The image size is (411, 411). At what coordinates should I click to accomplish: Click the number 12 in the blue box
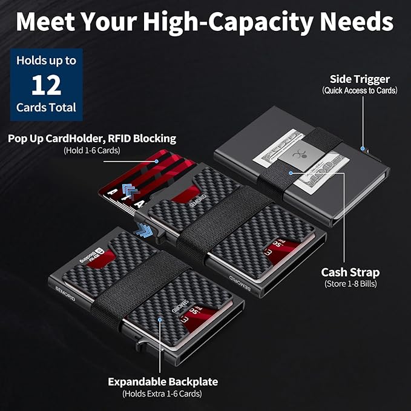point(47,85)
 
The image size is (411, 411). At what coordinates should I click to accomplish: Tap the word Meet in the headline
point(45,22)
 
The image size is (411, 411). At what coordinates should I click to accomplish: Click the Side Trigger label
point(360,79)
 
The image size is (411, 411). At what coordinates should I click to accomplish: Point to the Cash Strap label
point(350,272)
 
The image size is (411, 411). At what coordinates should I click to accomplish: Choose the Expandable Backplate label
point(163,382)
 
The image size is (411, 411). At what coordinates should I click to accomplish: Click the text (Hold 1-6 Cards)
point(92,151)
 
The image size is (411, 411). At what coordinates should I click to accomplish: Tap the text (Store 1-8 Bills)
point(350,284)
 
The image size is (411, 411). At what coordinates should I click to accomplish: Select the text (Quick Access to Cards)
point(360,91)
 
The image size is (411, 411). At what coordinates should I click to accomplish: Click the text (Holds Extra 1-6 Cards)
point(162,393)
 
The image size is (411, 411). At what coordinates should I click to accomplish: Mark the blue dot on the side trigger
point(363,149)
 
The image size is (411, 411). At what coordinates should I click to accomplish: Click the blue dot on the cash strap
point(291,173)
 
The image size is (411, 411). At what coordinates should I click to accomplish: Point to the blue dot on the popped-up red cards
point(157,161)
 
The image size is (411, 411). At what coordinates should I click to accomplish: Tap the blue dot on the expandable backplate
point(160,319)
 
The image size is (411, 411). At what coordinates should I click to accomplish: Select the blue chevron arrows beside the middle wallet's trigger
point(143,230)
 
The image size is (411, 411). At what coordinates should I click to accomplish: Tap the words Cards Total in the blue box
point(46,108)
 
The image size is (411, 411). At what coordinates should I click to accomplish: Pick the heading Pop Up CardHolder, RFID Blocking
point(92,139)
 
